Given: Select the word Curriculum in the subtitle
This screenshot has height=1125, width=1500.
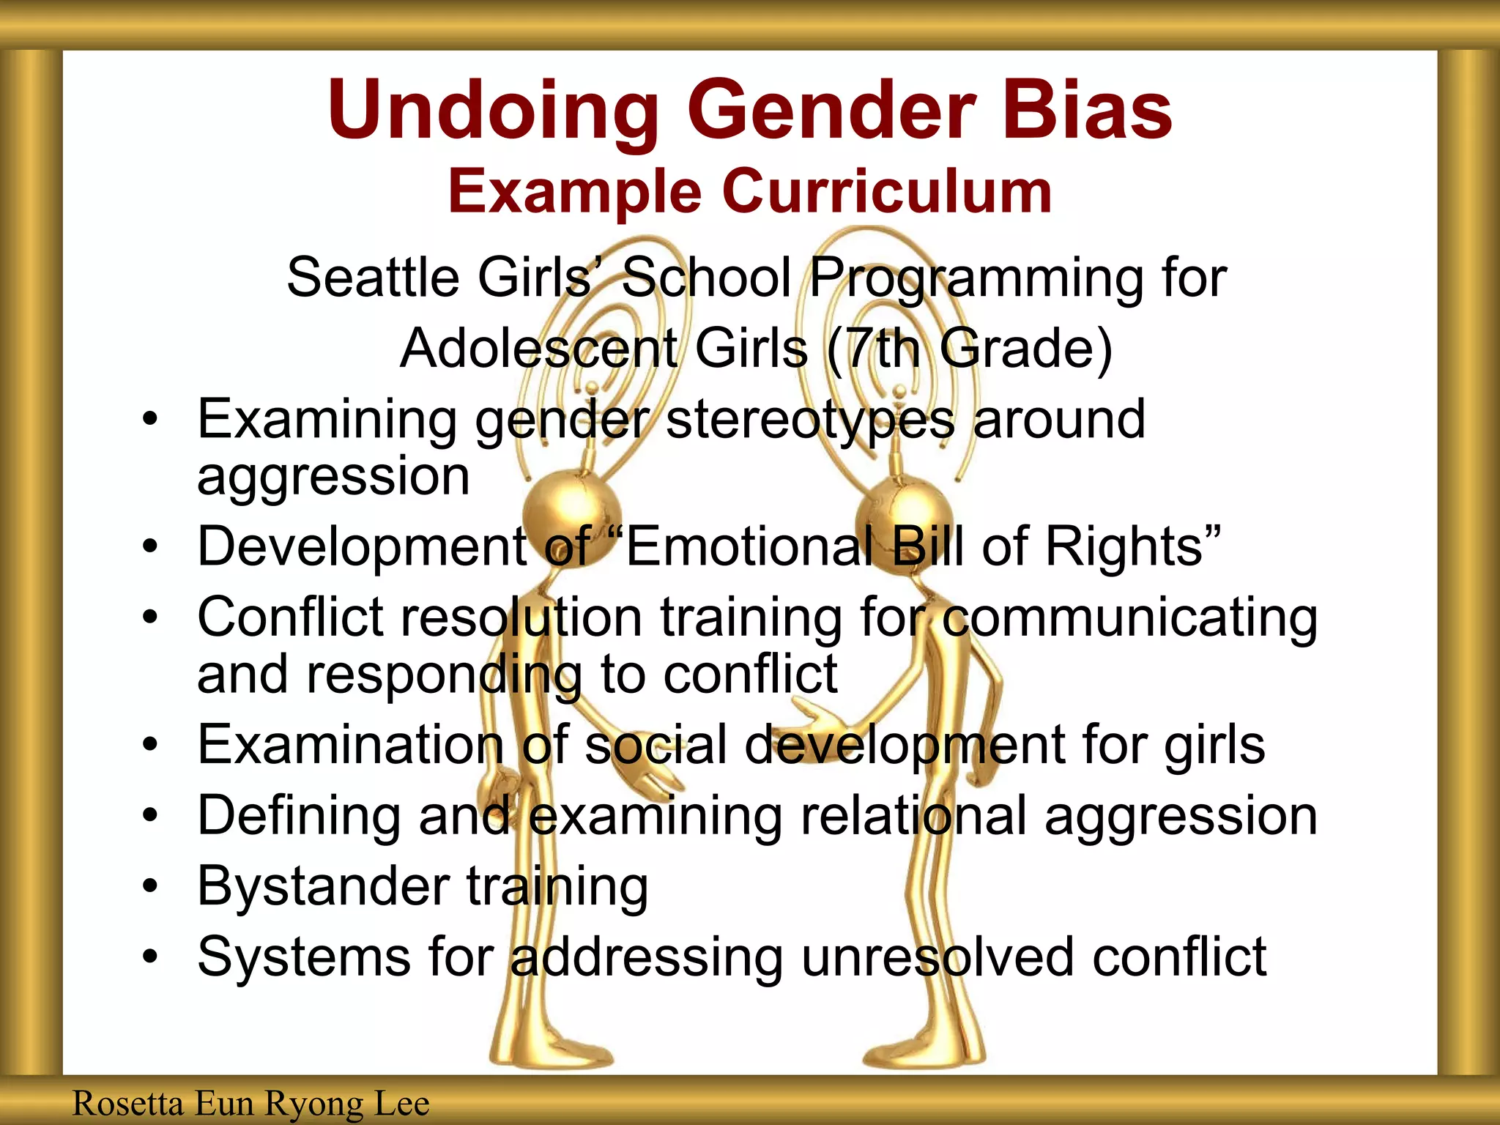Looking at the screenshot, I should (x=887, y=192).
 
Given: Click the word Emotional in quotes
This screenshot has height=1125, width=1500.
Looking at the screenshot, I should (x=747, y=546).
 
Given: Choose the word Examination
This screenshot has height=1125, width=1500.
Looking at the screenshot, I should (x=351, y=745).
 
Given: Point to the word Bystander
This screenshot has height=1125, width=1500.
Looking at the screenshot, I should (x=323, y=886).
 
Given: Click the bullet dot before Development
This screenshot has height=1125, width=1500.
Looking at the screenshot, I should (x=150, y=546).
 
